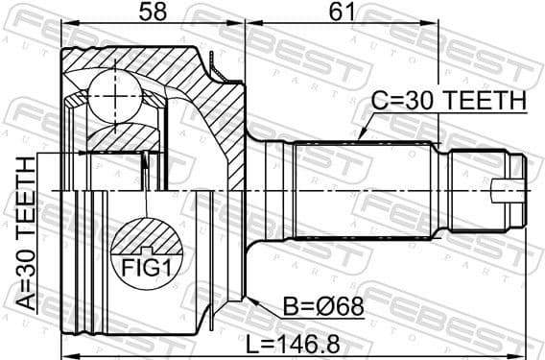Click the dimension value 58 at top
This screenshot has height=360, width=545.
(152, 13)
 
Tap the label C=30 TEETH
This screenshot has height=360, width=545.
(449, 101)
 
